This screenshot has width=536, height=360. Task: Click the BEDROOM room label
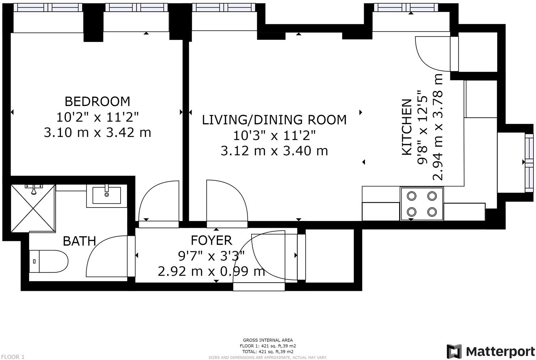pyautogui.click(x=97, y=101)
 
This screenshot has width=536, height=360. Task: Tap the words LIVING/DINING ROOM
pyautogui.click(x=274, y=120)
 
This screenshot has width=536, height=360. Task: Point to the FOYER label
pyautogui.click(x=212, y=240)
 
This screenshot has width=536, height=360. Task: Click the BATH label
pyautogui.click(x=79, y=241)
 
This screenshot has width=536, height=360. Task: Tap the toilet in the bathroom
pyautogui.click(x=49, y=261)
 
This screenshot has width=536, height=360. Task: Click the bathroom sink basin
pyautogui.click(x=107, y=195)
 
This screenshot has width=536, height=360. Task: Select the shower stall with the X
pyautogui.click(x=33, y=208)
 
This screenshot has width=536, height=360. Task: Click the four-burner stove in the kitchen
pyautogui.click(x=422, y=204)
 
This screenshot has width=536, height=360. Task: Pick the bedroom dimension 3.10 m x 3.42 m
pyautogui.click(x=97, y=133)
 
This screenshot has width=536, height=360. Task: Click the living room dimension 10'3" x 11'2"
pyautogui.click(x=274, y=135)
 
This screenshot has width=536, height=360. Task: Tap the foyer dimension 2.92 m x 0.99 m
pyautogui.click(x=211, y=271)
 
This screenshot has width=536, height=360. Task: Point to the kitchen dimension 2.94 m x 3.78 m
pyautogui.click(x=437, y=127)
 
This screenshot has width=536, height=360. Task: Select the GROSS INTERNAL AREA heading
pyautogui.click(x=268, y=340)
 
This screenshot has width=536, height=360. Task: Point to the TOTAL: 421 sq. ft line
pyautogui.click(x=268, y=352)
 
